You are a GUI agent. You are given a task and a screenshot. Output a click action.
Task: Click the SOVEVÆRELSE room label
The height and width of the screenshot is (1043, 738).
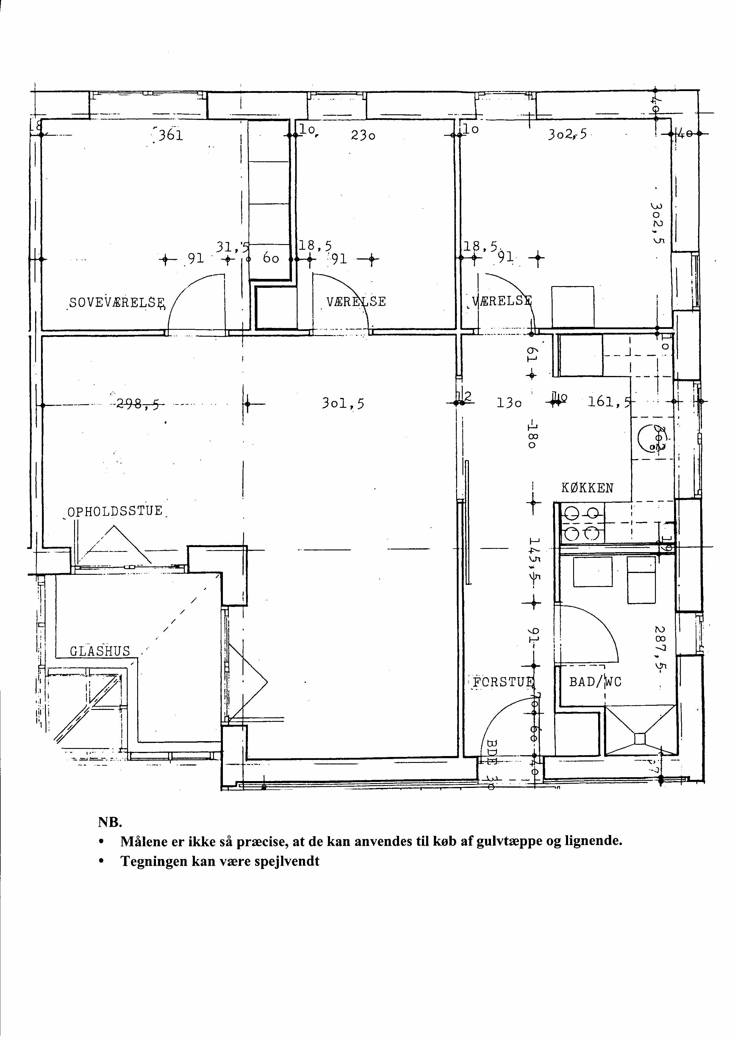pyautogui.click(x=117, y=303)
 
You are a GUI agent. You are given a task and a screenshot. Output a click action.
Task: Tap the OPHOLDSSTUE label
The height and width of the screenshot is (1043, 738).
pyautogui.click(x=115, y=511)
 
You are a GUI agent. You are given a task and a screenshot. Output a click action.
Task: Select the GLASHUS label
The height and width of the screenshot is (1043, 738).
pyautogui.click(x=100, y=651)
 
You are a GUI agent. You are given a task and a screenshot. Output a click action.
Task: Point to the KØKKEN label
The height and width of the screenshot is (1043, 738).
pyautogui.click(x=587, y=488)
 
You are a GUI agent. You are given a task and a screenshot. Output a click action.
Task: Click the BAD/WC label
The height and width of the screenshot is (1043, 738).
pyautogui.click(x=595, y=682)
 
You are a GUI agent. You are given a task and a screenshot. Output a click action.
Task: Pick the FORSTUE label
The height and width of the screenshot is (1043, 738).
pyautogui.click(x=503, y=682)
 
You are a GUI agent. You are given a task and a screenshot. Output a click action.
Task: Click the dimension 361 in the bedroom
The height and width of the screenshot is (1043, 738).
pyautogui.click(x=170, y=135)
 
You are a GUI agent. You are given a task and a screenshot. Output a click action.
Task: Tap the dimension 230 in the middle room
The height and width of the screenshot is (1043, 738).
pyautogui.click(x=363, y=135)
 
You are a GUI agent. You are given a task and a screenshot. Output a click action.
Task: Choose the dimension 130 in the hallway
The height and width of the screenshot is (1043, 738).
pyautogui.click(x=509, y=403)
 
